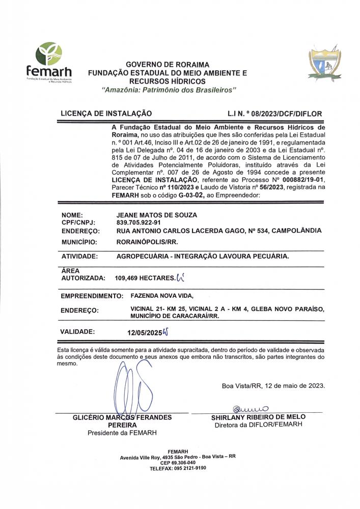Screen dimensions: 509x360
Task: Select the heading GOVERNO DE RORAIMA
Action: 168,65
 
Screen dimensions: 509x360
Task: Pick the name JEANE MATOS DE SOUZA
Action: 156,215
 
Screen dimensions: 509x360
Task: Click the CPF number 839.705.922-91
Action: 139,223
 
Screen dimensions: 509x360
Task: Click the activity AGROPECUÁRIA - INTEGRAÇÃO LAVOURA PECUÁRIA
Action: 203,257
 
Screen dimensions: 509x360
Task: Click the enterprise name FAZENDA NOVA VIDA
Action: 162,295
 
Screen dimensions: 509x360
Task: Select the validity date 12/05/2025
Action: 144,332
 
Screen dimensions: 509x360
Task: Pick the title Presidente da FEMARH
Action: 122,433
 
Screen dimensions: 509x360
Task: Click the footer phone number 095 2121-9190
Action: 189,467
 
